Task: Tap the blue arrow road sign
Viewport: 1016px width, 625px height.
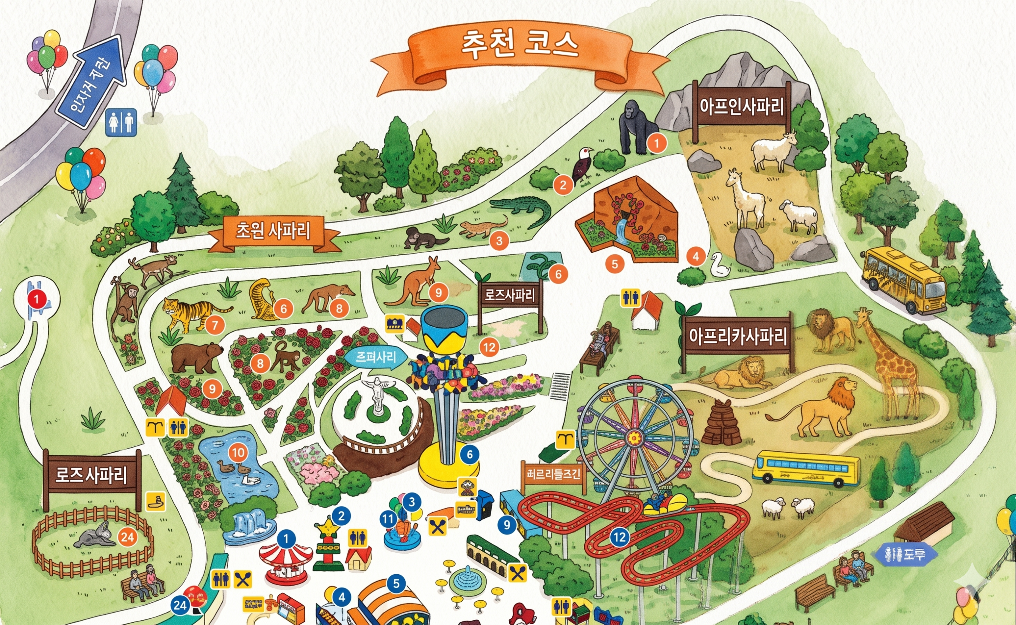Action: (92, 81)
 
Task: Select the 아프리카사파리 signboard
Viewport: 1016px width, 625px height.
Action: (737, 337)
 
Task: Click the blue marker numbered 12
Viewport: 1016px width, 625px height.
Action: (620, 537)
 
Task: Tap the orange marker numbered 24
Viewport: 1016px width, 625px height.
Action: (127, 537)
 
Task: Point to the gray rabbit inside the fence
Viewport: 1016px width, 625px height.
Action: (96, 537)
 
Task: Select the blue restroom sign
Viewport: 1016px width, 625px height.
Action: (121, 122)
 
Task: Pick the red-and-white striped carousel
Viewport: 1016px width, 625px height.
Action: (286, 560)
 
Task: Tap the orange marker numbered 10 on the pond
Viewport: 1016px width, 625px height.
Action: (238, 453)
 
